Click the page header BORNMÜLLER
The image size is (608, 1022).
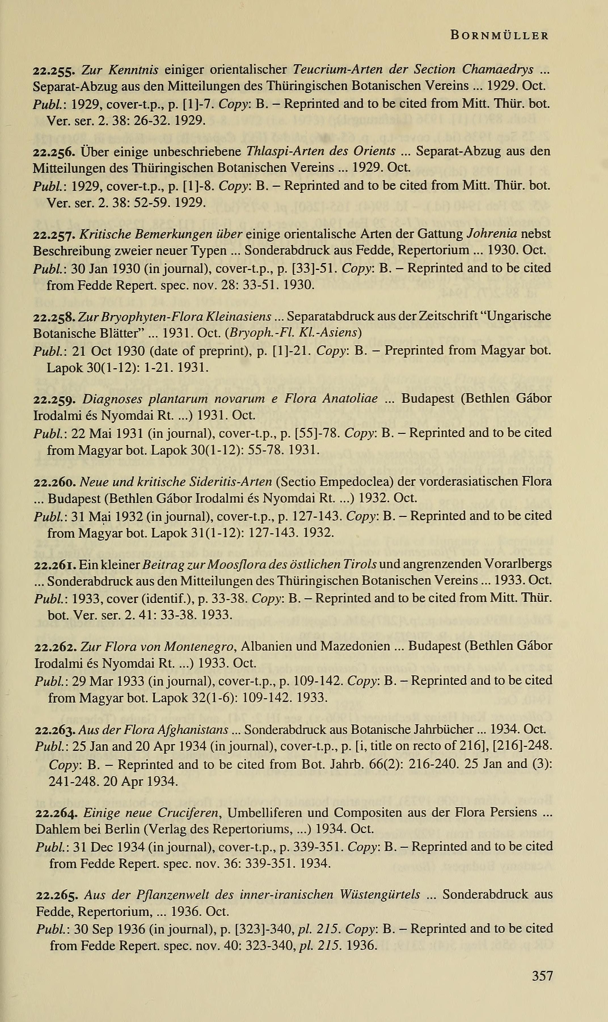coord(499,36)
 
